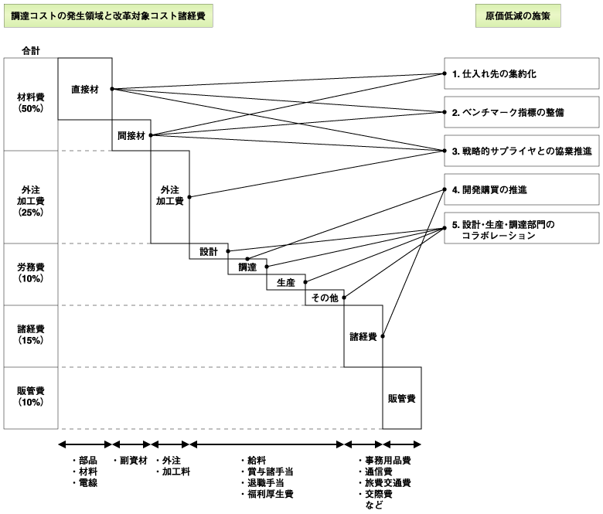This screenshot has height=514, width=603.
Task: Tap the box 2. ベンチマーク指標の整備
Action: click(520, 112)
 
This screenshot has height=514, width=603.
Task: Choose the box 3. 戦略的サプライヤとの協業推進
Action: click(520, 151)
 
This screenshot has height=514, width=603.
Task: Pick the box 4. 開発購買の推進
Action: click(520, 189)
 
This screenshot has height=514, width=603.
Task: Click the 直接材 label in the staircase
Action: click(85, 89)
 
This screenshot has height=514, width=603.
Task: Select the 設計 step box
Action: click(209, 251)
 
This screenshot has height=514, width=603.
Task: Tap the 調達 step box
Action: click(247, 267)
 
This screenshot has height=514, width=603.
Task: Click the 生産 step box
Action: click(286, 282)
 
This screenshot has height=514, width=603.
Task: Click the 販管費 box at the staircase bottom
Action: click(402, 398)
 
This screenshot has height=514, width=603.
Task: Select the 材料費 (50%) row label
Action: click(31, 103)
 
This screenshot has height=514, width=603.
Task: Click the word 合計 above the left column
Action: click(31, 51)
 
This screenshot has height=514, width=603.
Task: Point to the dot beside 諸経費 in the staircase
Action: click(383, 336)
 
